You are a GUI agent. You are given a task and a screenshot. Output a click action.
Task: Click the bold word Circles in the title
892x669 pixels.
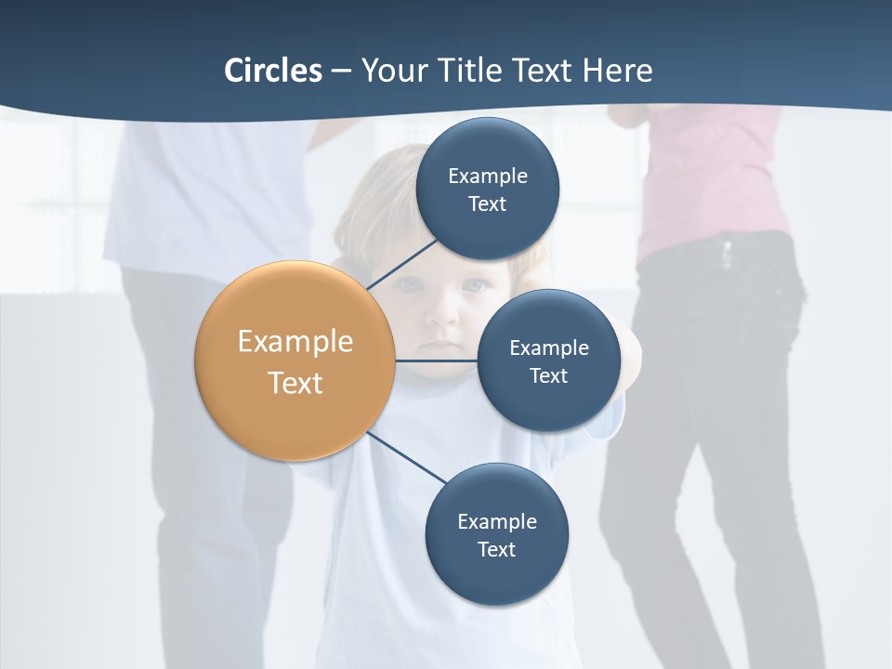pos(272,71)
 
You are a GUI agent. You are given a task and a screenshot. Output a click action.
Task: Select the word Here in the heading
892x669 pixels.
pos(617,71)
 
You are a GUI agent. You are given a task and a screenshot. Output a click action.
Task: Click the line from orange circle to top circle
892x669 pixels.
pos(401,264)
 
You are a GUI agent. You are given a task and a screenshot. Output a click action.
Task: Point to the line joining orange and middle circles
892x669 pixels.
pos(437,361)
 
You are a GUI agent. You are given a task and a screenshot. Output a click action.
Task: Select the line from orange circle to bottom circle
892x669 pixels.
pos(407,458)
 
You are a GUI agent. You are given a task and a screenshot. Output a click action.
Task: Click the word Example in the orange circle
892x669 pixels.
pos(295,342)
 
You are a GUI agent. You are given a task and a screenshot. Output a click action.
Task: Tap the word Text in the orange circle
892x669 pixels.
pos(295,383)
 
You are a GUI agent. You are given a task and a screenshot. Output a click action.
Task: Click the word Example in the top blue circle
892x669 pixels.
pos(488,177)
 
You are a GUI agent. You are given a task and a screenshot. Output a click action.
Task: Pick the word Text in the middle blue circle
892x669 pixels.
pos(548,376)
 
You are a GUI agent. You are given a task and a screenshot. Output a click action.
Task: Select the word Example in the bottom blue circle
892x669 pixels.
pos(497,522)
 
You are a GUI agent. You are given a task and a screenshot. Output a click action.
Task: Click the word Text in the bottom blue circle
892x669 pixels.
pos(496,550)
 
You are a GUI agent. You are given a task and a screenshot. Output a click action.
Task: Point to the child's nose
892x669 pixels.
pos(445,316)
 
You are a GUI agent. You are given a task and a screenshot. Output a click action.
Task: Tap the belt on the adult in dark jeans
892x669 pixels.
pos(720,249)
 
